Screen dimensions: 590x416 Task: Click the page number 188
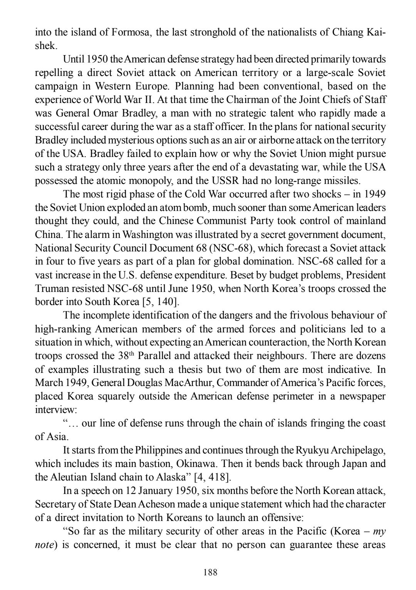click(x=210, y=572)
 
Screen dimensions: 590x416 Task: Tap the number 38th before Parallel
click(x=124, y=356)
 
